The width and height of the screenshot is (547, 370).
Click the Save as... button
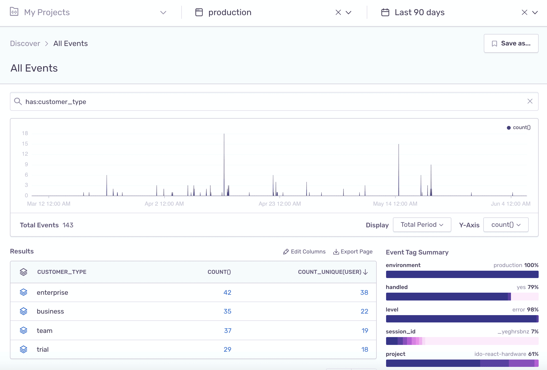(x=511, y=43)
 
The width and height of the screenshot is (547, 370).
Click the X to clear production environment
(x=338, y=12)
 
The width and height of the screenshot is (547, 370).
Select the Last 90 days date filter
(x=419, y=12)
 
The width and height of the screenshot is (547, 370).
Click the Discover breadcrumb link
(x=25, y=43)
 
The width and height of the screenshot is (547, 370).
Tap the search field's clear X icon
(x=530, y=101)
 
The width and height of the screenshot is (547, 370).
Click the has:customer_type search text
(x=56, y=102)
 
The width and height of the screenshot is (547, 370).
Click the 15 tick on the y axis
(x=25, y=144)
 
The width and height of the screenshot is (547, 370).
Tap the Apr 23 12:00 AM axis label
(x=280, y=204)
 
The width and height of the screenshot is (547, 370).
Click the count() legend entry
(x=519, y=128)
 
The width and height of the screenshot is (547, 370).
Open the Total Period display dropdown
(x=422, y=225)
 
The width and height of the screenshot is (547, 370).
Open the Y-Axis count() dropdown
(x=506, y=225)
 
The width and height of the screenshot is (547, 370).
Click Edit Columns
(x=304, y=252)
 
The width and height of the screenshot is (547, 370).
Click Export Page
(x=353, y=252)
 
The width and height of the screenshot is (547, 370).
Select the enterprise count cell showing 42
(x=227, y=292)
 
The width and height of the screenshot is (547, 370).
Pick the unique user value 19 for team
(x=365, y=331)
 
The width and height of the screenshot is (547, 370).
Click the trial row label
(x=43, y=349)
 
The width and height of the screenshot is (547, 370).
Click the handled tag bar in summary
(x=462, y=297)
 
